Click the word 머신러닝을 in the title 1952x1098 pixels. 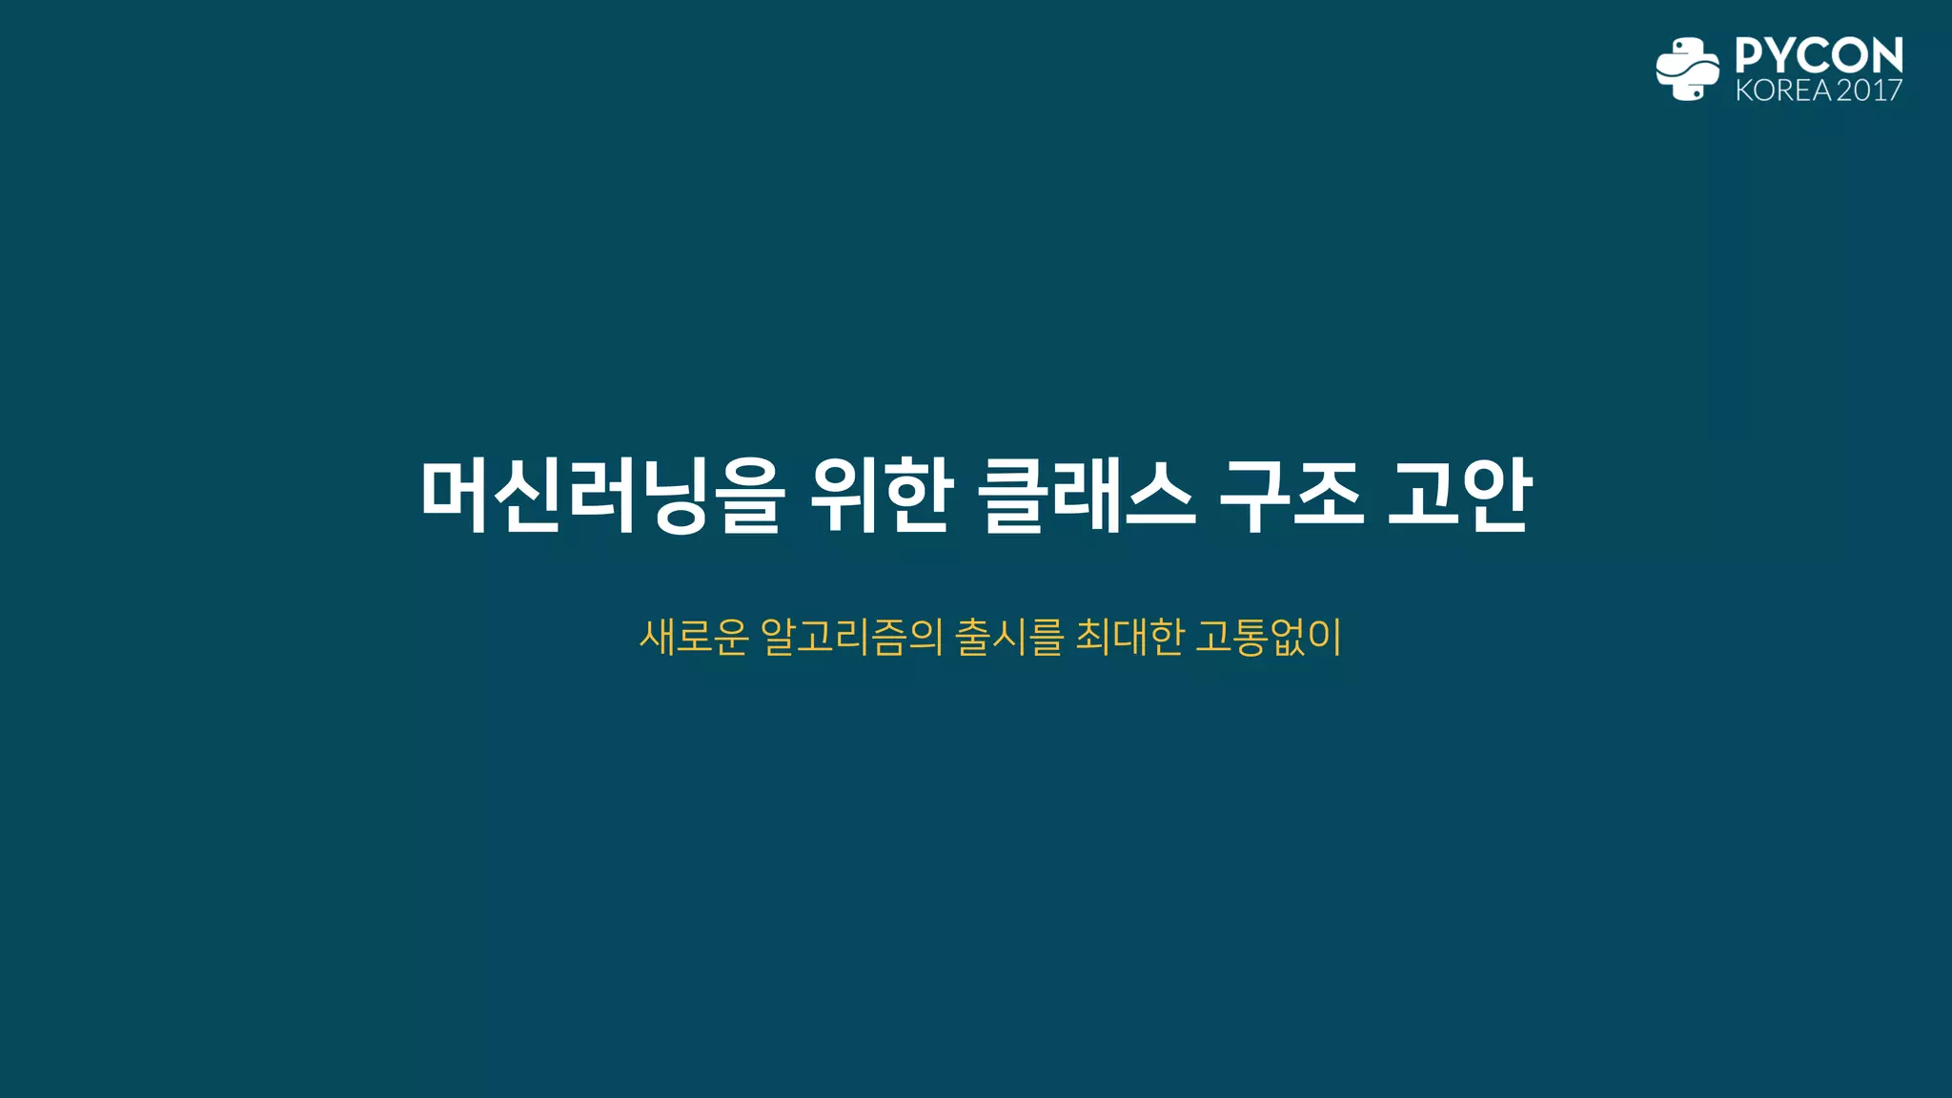tap(602, 496)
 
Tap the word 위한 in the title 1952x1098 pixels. tap(881, 496)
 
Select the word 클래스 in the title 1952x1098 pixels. tap(1087, 496)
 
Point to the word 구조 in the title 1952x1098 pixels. tap(1291, 496)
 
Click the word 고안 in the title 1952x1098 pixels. tap(1458, 496)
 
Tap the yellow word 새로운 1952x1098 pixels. tap(694, 637)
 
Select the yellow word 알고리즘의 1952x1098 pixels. tap(852, 637)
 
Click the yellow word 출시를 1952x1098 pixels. tap(1008, 637)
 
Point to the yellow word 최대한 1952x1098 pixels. tap(1130, 637)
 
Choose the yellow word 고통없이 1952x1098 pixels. tap(1268, 637)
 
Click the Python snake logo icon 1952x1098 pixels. tap(1687, 69)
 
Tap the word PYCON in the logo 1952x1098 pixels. tap(1819, 55)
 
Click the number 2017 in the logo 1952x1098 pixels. tap(1869, 91)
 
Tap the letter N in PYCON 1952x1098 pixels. tap(1885, 55)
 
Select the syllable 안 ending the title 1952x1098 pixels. tap(1496, 496)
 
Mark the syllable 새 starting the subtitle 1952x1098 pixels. tap(658, 637)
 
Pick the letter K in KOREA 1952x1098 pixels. tap(1744, 91)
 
